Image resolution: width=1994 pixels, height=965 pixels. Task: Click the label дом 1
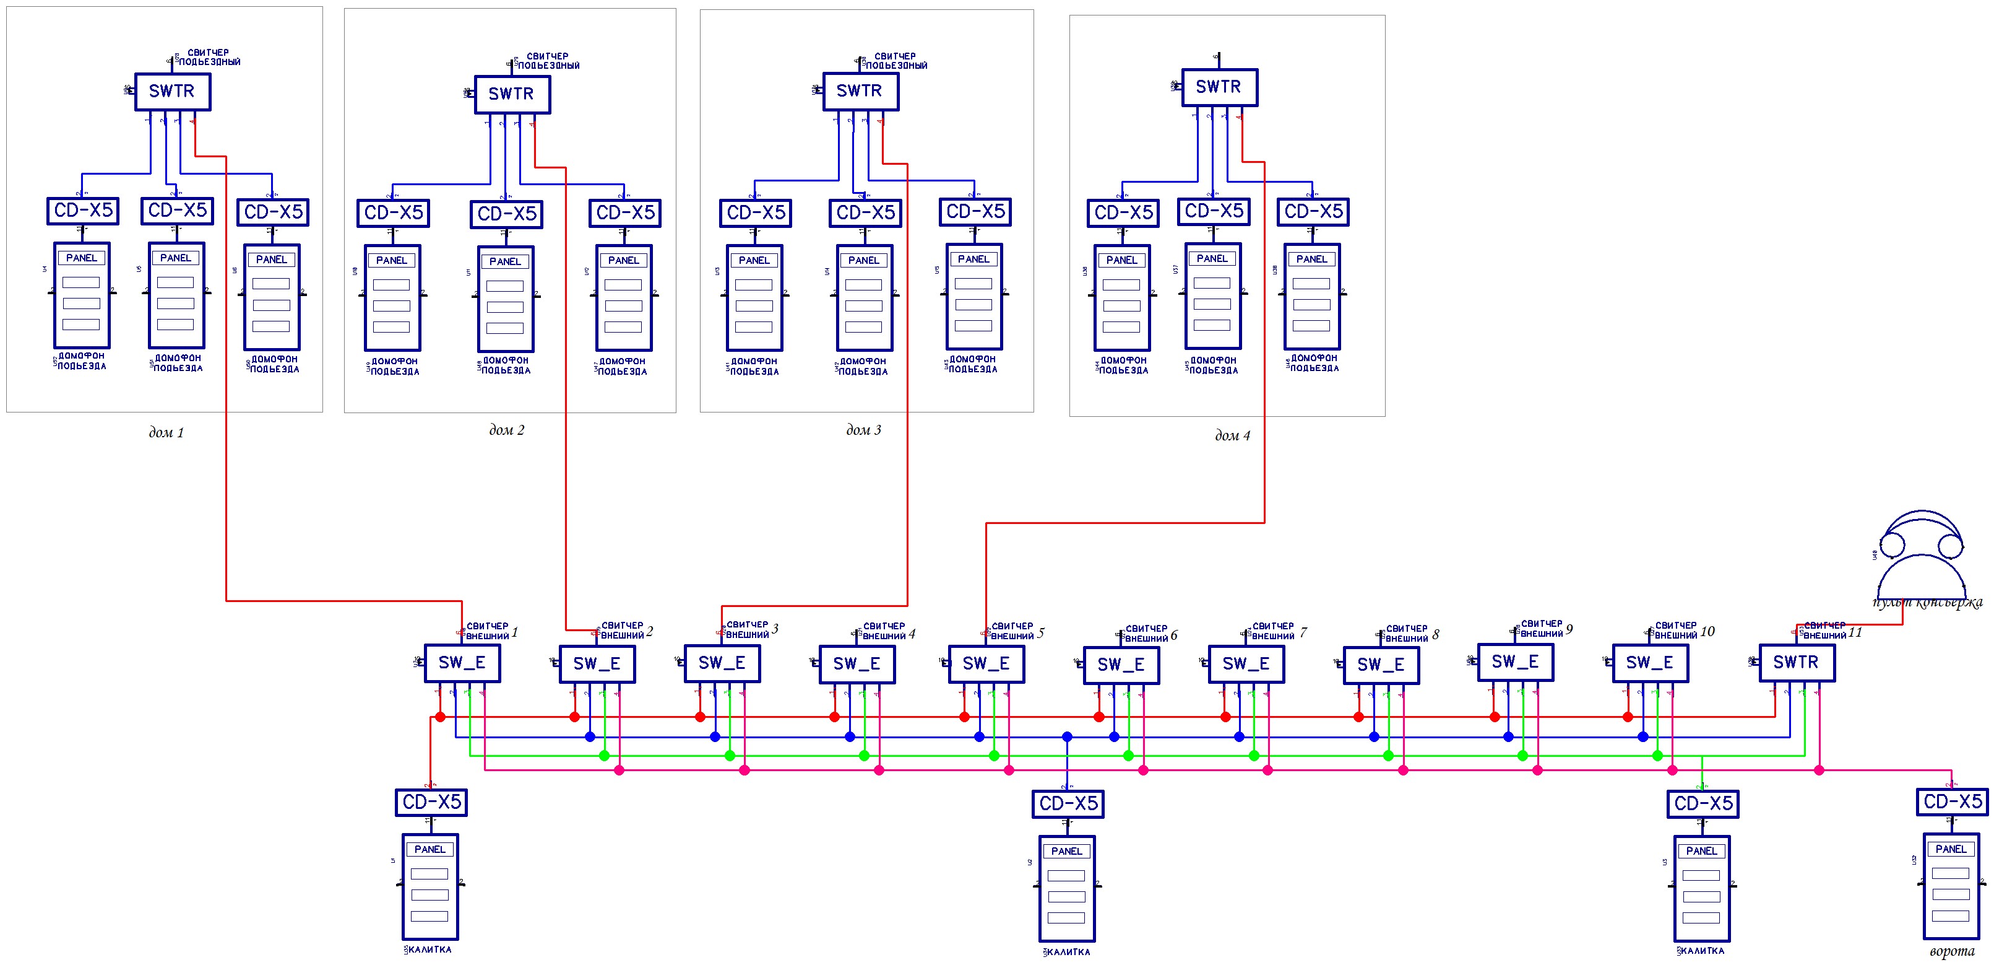166,433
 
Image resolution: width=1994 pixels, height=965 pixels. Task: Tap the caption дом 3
863,430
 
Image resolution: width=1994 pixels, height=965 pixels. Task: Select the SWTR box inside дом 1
172,92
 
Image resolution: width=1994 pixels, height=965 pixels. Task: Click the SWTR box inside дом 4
1219,87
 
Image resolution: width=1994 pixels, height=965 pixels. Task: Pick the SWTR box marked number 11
1796,662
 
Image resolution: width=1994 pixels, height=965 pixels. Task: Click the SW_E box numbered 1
462,663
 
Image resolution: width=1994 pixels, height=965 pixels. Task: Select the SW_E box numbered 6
1121,665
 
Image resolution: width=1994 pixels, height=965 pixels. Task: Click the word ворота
1951,952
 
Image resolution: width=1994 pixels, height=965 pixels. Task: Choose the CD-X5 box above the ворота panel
1952,801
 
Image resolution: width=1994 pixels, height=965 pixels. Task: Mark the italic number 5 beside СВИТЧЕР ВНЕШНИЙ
1040,633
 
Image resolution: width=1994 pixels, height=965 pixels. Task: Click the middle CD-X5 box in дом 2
506,214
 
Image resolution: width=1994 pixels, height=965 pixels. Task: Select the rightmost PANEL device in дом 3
973,296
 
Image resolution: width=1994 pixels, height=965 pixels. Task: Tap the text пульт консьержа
1927,603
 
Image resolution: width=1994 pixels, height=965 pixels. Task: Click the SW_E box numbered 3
722,663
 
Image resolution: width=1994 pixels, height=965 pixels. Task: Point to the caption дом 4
1232,436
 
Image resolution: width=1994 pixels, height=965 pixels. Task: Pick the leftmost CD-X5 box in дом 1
83,211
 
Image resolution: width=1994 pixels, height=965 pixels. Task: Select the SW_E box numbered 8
1381,665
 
